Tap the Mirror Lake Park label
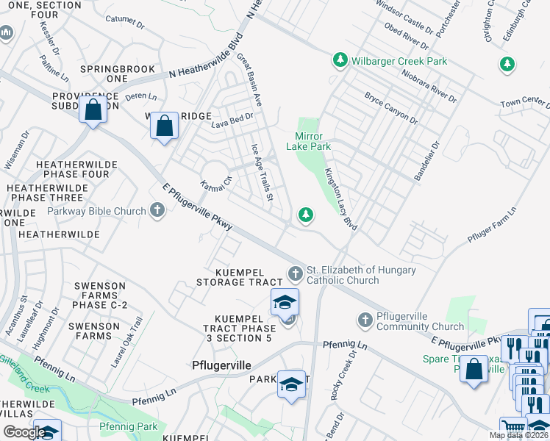click(313, 141)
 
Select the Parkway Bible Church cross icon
click(156, 212)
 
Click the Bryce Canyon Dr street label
click(390, 109)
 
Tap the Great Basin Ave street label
click(252, 85)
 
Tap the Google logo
click(24, 432)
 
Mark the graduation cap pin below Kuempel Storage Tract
click(285, 301)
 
